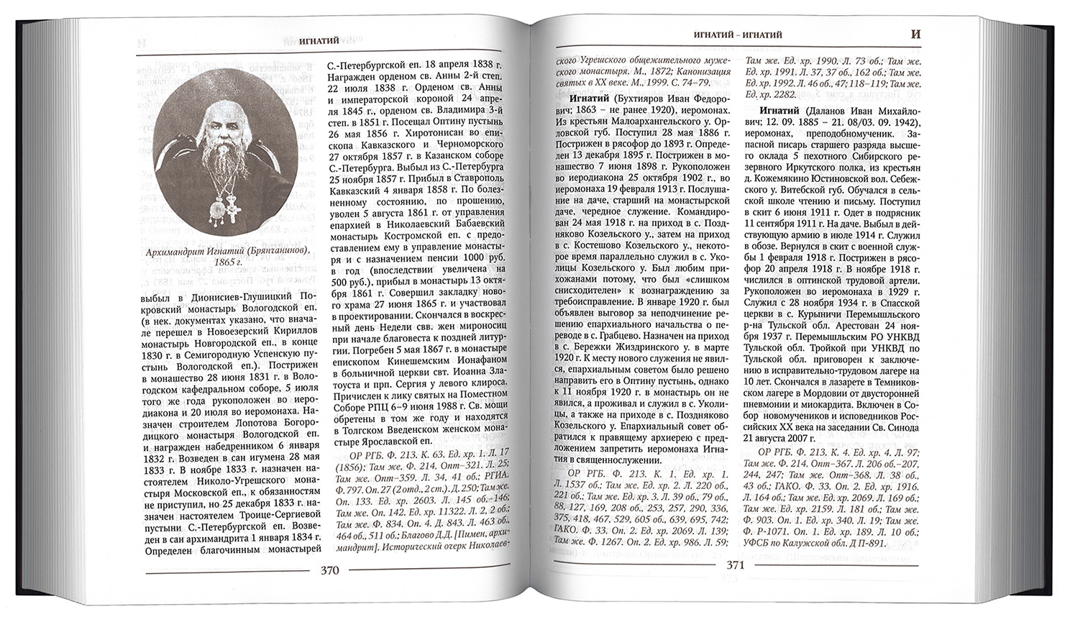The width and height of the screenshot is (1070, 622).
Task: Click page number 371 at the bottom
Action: click(x=733, y=564)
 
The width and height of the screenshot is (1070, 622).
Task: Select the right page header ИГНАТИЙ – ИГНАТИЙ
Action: click(x=734, y=34)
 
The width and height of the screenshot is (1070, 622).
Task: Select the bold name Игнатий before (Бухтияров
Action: click(x=590, y=98)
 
